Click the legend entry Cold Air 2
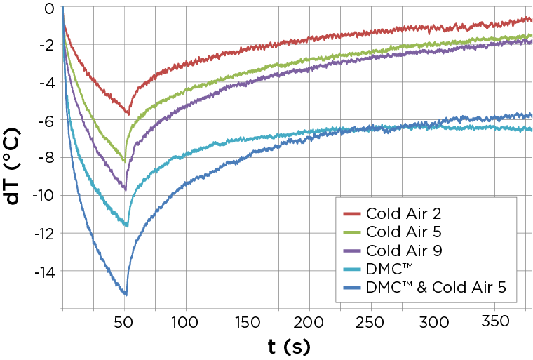pos(403,214)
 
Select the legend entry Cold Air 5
pos(403,232)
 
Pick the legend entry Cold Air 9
pos(404,251)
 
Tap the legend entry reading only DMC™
pos(389,269)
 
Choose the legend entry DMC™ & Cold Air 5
pos(436,288)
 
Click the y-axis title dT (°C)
pos(13,166)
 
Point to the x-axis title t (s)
pos(289,347)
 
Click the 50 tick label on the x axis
pos(123,322)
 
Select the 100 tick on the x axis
pos(184,322)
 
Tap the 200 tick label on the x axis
pos(309,322)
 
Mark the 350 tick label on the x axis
pos(495,321)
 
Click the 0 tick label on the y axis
pos(49,8)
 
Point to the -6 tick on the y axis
pos(47,121)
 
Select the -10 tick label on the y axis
pos(43,196)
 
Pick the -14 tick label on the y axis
pos(44,271)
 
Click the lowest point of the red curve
pos(128,114)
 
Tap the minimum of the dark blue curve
pos(126,294)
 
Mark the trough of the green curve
pos(124,161)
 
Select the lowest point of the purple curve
pos(126,189)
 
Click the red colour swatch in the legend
pos(352,214)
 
